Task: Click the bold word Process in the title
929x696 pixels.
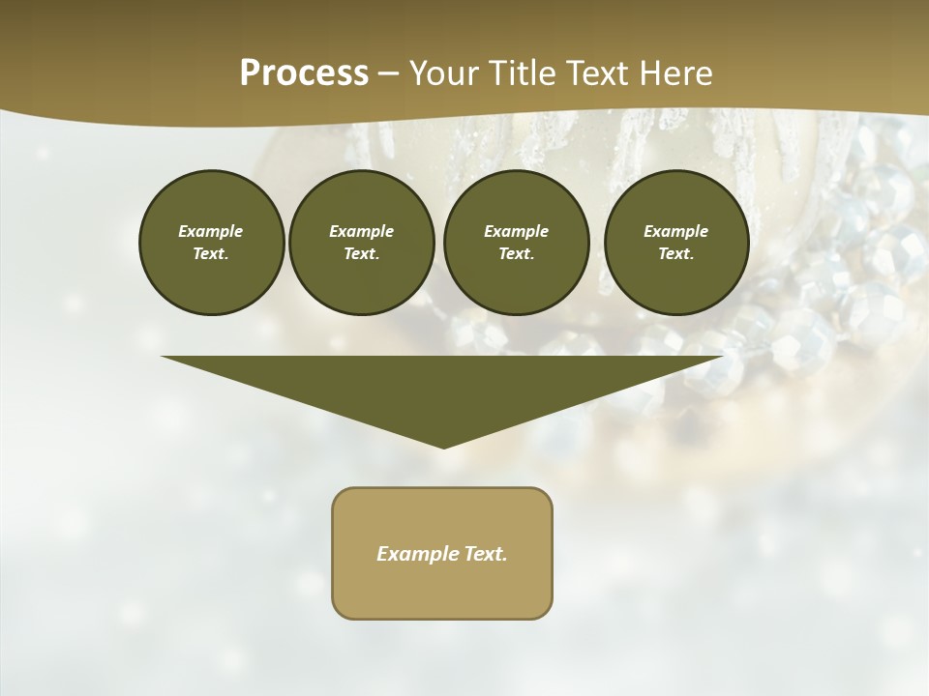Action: (304, 73)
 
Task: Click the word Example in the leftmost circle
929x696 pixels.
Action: (211, 231)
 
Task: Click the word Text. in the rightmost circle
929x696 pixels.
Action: (676, 253)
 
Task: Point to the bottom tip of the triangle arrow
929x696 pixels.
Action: (443, 446)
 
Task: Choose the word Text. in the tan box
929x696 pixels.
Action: (486, 554)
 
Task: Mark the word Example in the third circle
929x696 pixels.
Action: (516, 231)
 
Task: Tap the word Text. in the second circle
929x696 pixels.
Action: (361, 253)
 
